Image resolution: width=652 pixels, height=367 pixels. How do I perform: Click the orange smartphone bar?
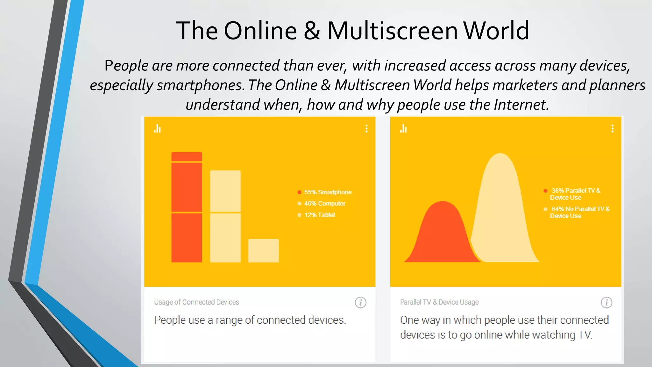tap(187, 207)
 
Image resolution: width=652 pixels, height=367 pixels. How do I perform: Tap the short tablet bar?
tap(263, 251)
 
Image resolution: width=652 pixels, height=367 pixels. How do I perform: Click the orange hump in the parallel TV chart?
tap(441, 236)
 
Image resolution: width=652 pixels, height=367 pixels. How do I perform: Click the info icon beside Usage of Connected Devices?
tap(360, 302)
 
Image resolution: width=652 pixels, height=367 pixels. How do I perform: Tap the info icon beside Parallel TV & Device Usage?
tap(606, 302)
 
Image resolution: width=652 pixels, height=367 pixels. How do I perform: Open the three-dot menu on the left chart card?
tap(366, 128)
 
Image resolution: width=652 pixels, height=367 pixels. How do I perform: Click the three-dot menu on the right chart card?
tap(612, 128)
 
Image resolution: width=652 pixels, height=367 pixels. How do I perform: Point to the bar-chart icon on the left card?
tap(157, 128)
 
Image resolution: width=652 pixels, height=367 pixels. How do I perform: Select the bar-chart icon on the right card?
tap(403, 128)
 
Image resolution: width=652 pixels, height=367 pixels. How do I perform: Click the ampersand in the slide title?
tap(312, 31)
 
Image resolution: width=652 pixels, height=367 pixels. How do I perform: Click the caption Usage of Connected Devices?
tap(196, 302)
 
